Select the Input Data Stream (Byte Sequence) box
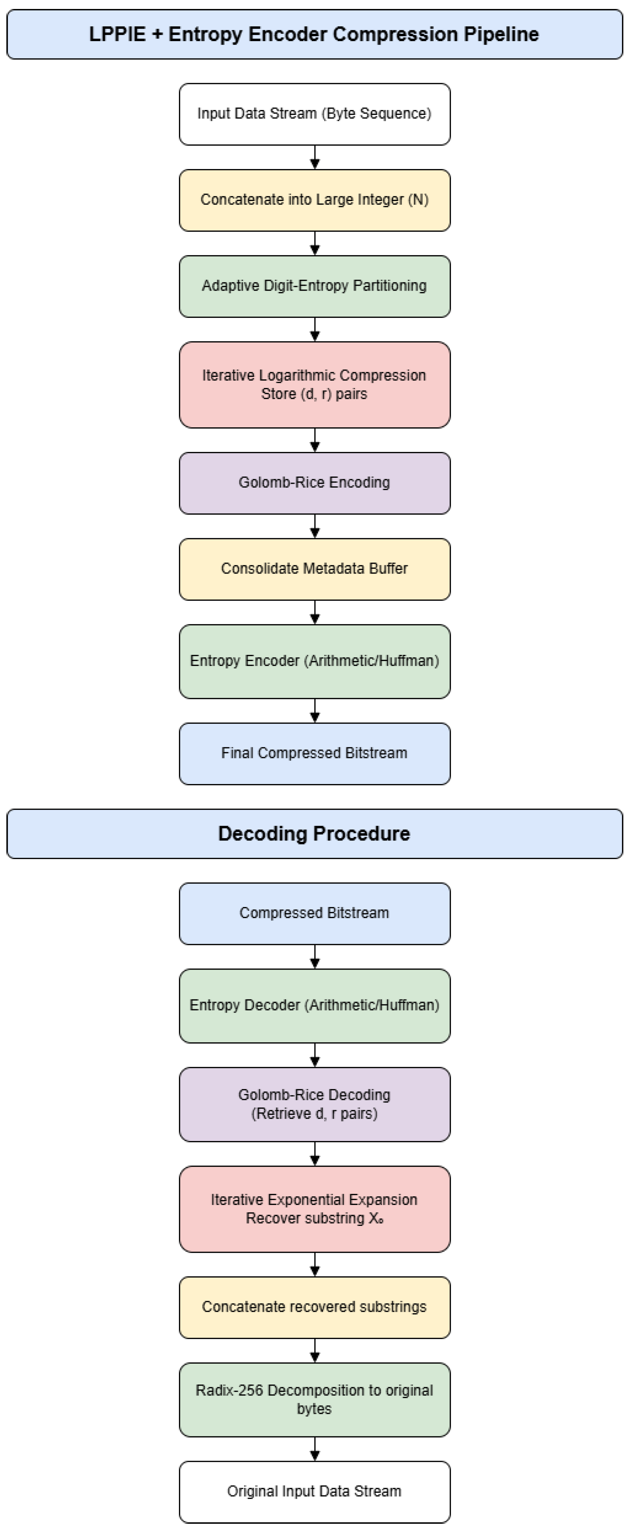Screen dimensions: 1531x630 [x=314, y=114]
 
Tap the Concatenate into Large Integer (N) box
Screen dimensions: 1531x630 [x=314, y=200]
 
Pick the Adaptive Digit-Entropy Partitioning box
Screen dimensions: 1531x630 [x=314, y=286]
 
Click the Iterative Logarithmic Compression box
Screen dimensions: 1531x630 [x=314, y=384]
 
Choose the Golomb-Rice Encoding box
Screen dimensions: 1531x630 [x=314, y=483]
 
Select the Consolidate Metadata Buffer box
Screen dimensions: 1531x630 [x=314, y=569]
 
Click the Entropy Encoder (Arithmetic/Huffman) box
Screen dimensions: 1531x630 [x=314, y=661]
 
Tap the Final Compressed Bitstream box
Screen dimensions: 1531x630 [x=314, y=754]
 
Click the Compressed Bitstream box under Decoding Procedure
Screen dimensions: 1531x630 [x=314, y=913]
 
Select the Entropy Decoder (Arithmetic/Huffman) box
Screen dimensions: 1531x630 [x=314, y=1006]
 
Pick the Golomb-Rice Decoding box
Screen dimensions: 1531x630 [x=314, y=1104]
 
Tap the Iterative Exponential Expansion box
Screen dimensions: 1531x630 [x=314, y=1209]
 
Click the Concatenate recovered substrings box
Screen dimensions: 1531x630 [x=314, y=1307]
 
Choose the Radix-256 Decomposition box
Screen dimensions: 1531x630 [x=314, y=1400]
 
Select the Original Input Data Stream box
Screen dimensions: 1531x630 [x=314, y=1492]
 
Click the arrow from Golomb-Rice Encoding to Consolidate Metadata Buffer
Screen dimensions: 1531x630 [x=315, y=526]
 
